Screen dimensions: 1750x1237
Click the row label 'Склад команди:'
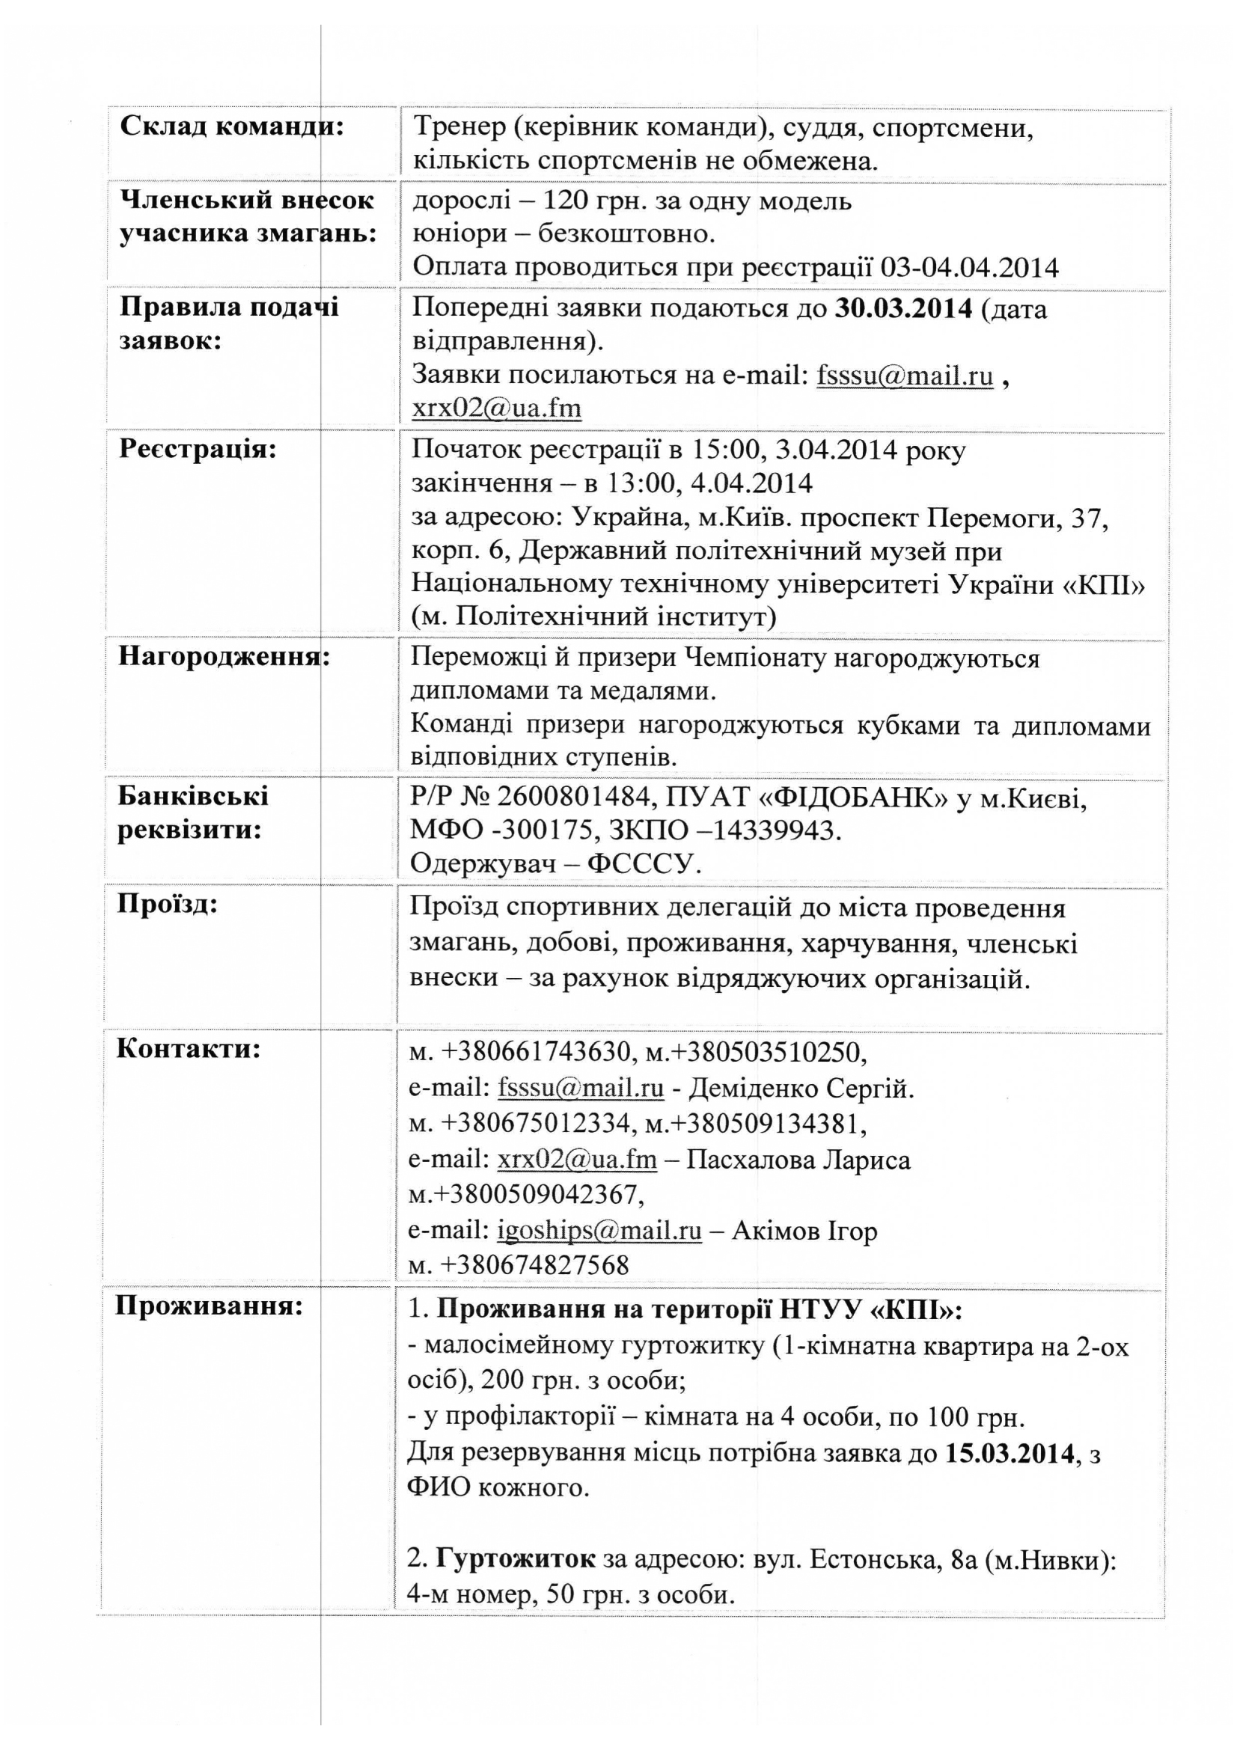point(232,126)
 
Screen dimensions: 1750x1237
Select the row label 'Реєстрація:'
point(198,449)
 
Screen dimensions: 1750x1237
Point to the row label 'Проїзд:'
point(167,904)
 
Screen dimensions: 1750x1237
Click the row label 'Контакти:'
point(189,1049)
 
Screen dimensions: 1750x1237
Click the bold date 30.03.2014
point(904,308)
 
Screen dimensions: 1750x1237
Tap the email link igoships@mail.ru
point(599,1231)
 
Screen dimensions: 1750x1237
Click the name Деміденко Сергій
point(801,1089)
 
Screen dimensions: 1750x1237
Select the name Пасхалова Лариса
point(798,1160)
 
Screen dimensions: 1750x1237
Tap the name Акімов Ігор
point(804,1231)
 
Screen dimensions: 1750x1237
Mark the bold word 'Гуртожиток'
point(515,1558)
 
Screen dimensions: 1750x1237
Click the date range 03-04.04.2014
point(970,268)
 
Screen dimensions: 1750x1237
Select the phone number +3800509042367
point(534,1194)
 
